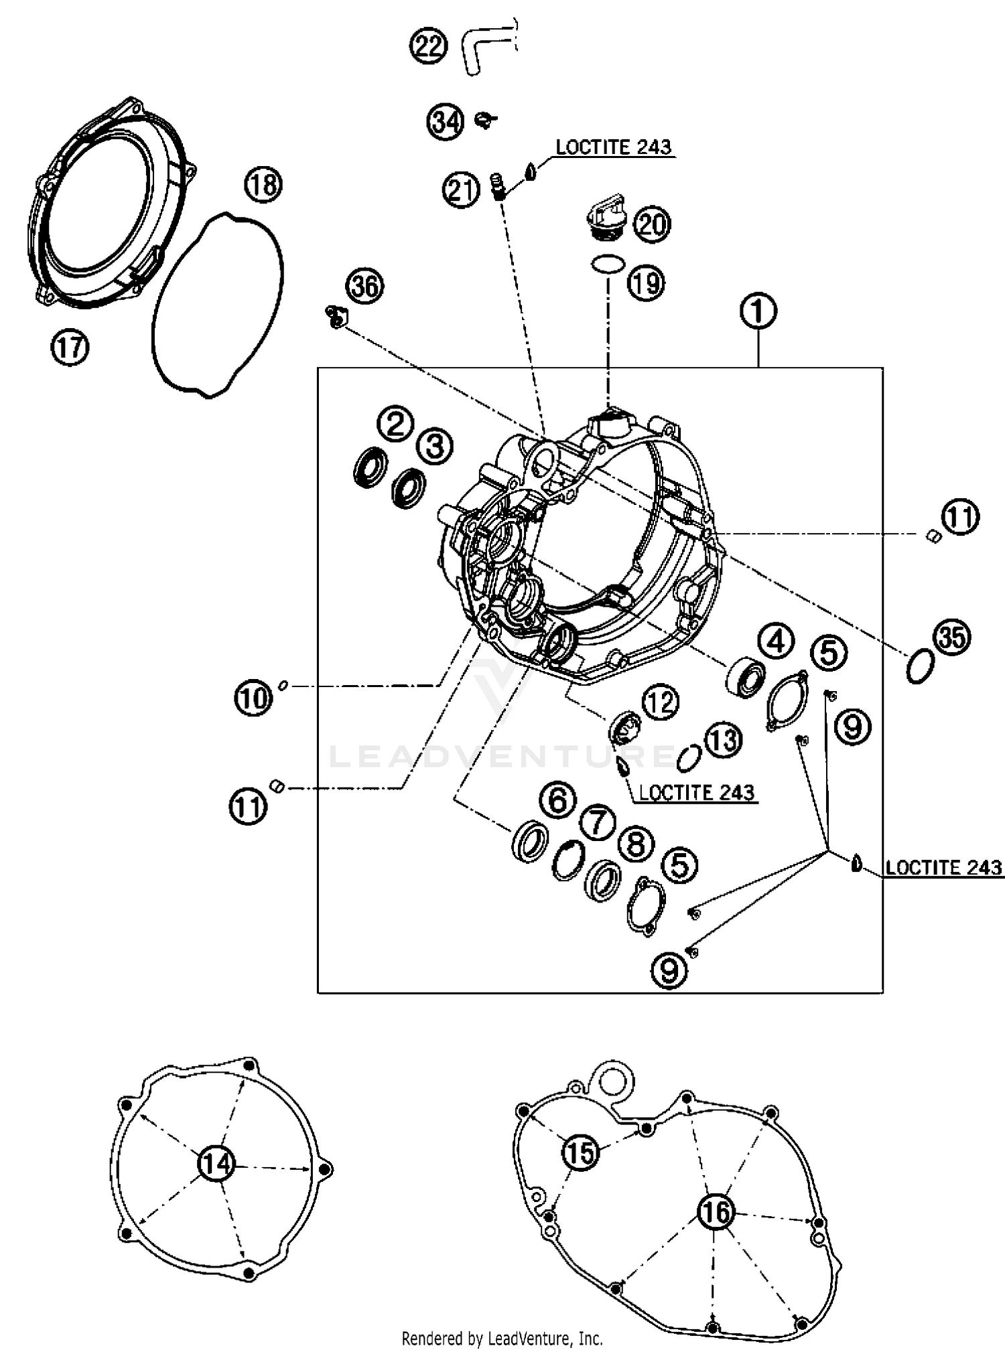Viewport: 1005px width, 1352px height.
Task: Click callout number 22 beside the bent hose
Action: (x=428, y=47)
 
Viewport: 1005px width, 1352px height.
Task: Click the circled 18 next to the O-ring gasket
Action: (x=263, y=184)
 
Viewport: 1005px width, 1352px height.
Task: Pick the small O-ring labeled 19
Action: (x=608, y=264)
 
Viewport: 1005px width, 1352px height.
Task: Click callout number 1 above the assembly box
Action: (x=758, y=312)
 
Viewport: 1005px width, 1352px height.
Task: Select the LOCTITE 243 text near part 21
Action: (x=613, y=147)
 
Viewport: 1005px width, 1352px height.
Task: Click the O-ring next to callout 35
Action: (x=920, y=666)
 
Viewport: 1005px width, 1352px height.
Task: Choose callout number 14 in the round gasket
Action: (x=216, y=1164)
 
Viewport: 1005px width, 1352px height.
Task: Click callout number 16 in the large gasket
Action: (x=716, y=1211)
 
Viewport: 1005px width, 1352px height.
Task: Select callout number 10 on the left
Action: (x=253, y=699)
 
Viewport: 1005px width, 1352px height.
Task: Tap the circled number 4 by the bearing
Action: (x=776, y=642)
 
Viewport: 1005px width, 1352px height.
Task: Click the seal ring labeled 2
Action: (x=369, y=467)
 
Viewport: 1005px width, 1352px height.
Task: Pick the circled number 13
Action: (x=723, y=740)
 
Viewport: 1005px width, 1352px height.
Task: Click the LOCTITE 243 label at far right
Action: (x=943, y=868)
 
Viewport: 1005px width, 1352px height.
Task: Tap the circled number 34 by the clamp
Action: (x=446, y=123)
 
